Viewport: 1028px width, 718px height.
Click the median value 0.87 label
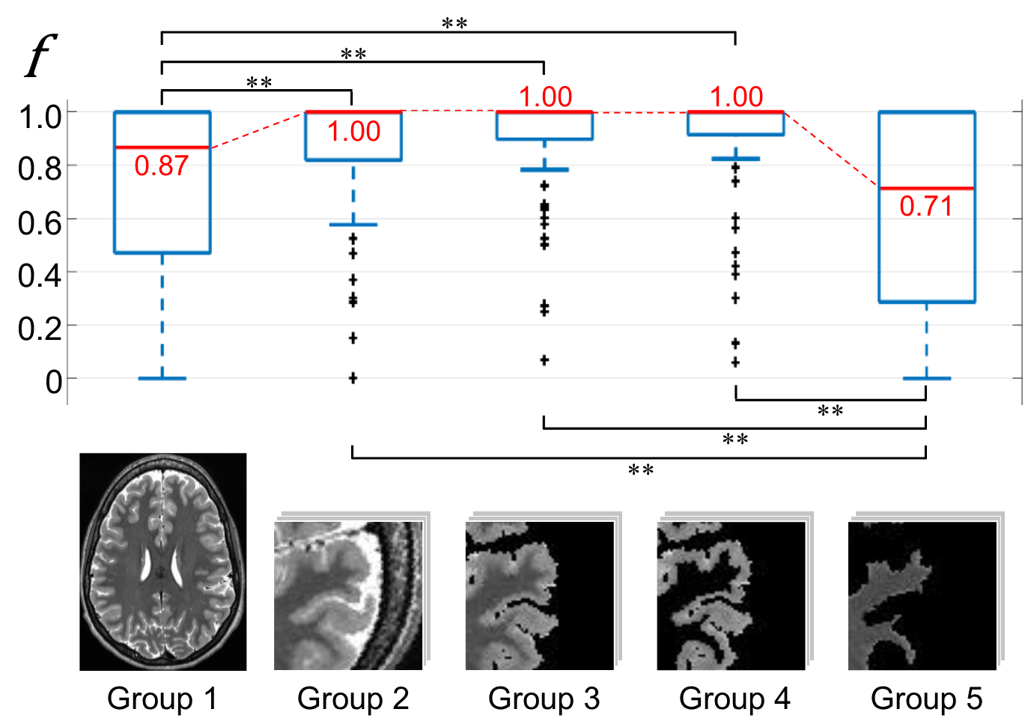click(x=162, y=165)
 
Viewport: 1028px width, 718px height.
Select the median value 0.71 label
click(x=926, y=206)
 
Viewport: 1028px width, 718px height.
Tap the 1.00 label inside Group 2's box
click(x=353, y=132)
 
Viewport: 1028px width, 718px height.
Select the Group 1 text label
click(x=162, y=698)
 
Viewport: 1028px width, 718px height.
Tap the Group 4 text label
click(x=734, y=698)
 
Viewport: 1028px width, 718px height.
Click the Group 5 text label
click(x=926, y=698)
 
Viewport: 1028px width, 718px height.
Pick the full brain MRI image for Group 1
click(x=162, y=562)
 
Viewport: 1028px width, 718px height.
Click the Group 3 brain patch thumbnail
click(x=540, y=595)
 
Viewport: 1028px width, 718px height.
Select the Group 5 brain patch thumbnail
click(x=922, y=595)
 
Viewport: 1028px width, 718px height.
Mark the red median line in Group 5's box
click(x=926, y=188)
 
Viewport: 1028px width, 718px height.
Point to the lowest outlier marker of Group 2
click(x=353, y=378)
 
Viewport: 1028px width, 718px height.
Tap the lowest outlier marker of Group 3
click(x=544, y=360)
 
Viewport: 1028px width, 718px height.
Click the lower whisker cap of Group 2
click(x=353, y=225)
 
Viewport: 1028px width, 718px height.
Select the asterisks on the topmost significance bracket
click(x=454, y=23)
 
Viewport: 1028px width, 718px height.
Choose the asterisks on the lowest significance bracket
click(x=641, y=470)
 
